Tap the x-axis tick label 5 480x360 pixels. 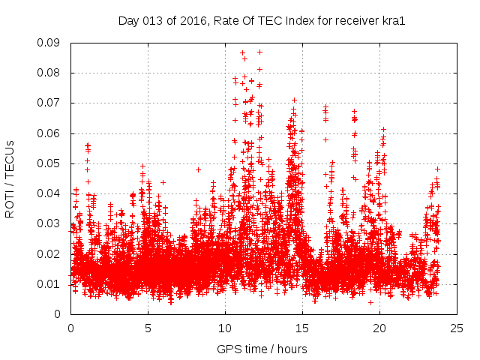click(x=148, y=328)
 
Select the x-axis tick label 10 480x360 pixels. click(x=225, y=328)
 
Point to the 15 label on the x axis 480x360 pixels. click(x=302, y=328)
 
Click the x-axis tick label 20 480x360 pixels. click(x=379, y=328)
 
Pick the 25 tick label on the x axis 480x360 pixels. click(x=457, y=328)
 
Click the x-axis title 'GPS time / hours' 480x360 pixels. click(x=262, y=349)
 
